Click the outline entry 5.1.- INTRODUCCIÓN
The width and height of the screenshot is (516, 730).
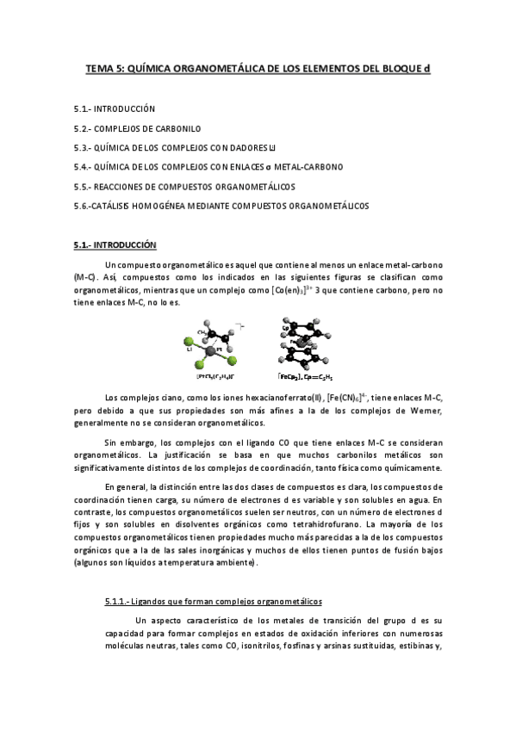(114, 109)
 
